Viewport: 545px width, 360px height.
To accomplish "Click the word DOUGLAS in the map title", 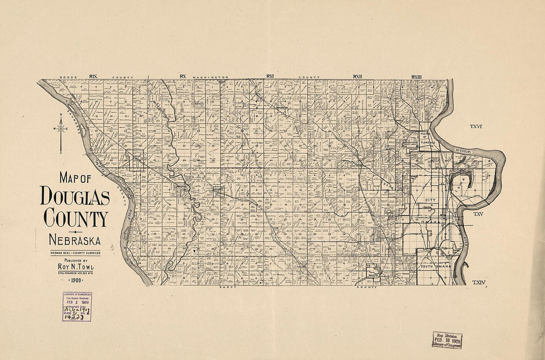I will point(75,197).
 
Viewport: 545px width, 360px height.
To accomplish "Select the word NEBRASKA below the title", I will point(75,241).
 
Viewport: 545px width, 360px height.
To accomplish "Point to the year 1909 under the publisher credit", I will point(75,279).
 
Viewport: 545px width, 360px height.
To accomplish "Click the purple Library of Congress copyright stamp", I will point(77,307).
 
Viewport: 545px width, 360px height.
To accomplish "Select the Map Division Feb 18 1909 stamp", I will point(446,340).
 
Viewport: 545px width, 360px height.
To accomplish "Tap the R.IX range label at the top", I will point(93,76).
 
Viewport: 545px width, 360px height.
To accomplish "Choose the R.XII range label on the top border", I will point(357,76).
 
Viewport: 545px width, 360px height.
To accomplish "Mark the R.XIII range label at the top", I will point(416,76).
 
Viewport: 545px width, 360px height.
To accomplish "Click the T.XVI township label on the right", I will point(476,127).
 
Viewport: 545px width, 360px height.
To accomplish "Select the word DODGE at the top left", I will point(66,77).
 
